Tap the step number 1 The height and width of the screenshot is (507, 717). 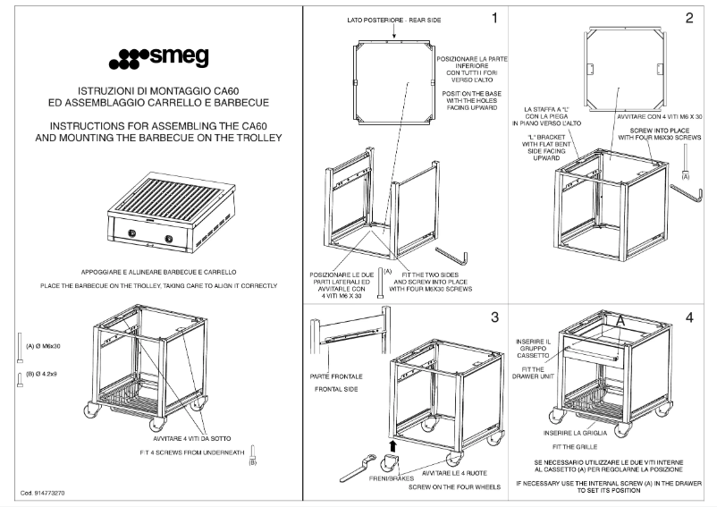tap(493, 16)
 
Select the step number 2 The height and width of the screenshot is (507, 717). tap(688, 17)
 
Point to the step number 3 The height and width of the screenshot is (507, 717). tap(493, 317)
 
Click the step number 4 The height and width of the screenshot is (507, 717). tap(688, 317)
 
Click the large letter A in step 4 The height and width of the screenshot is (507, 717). tap(617, 319)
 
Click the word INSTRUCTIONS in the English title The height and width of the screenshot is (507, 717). tap(89, 126)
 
